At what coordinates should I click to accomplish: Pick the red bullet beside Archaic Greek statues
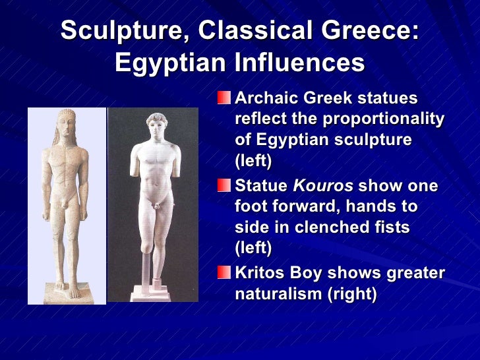pos(225,99)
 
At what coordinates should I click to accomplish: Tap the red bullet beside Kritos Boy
pos(225,272)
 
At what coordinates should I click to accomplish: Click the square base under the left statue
pos(67,293)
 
